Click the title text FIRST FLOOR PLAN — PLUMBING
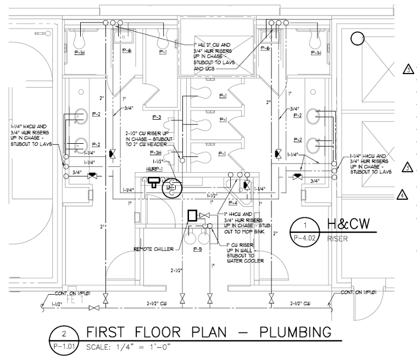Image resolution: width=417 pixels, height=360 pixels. coord(208,333)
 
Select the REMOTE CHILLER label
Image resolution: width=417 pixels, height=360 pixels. coord(153,249)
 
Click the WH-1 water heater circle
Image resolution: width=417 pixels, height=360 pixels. coord(170,188)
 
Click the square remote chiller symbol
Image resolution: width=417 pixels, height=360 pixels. coord(192,215)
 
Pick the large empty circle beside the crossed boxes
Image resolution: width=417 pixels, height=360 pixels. coord(358,38)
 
